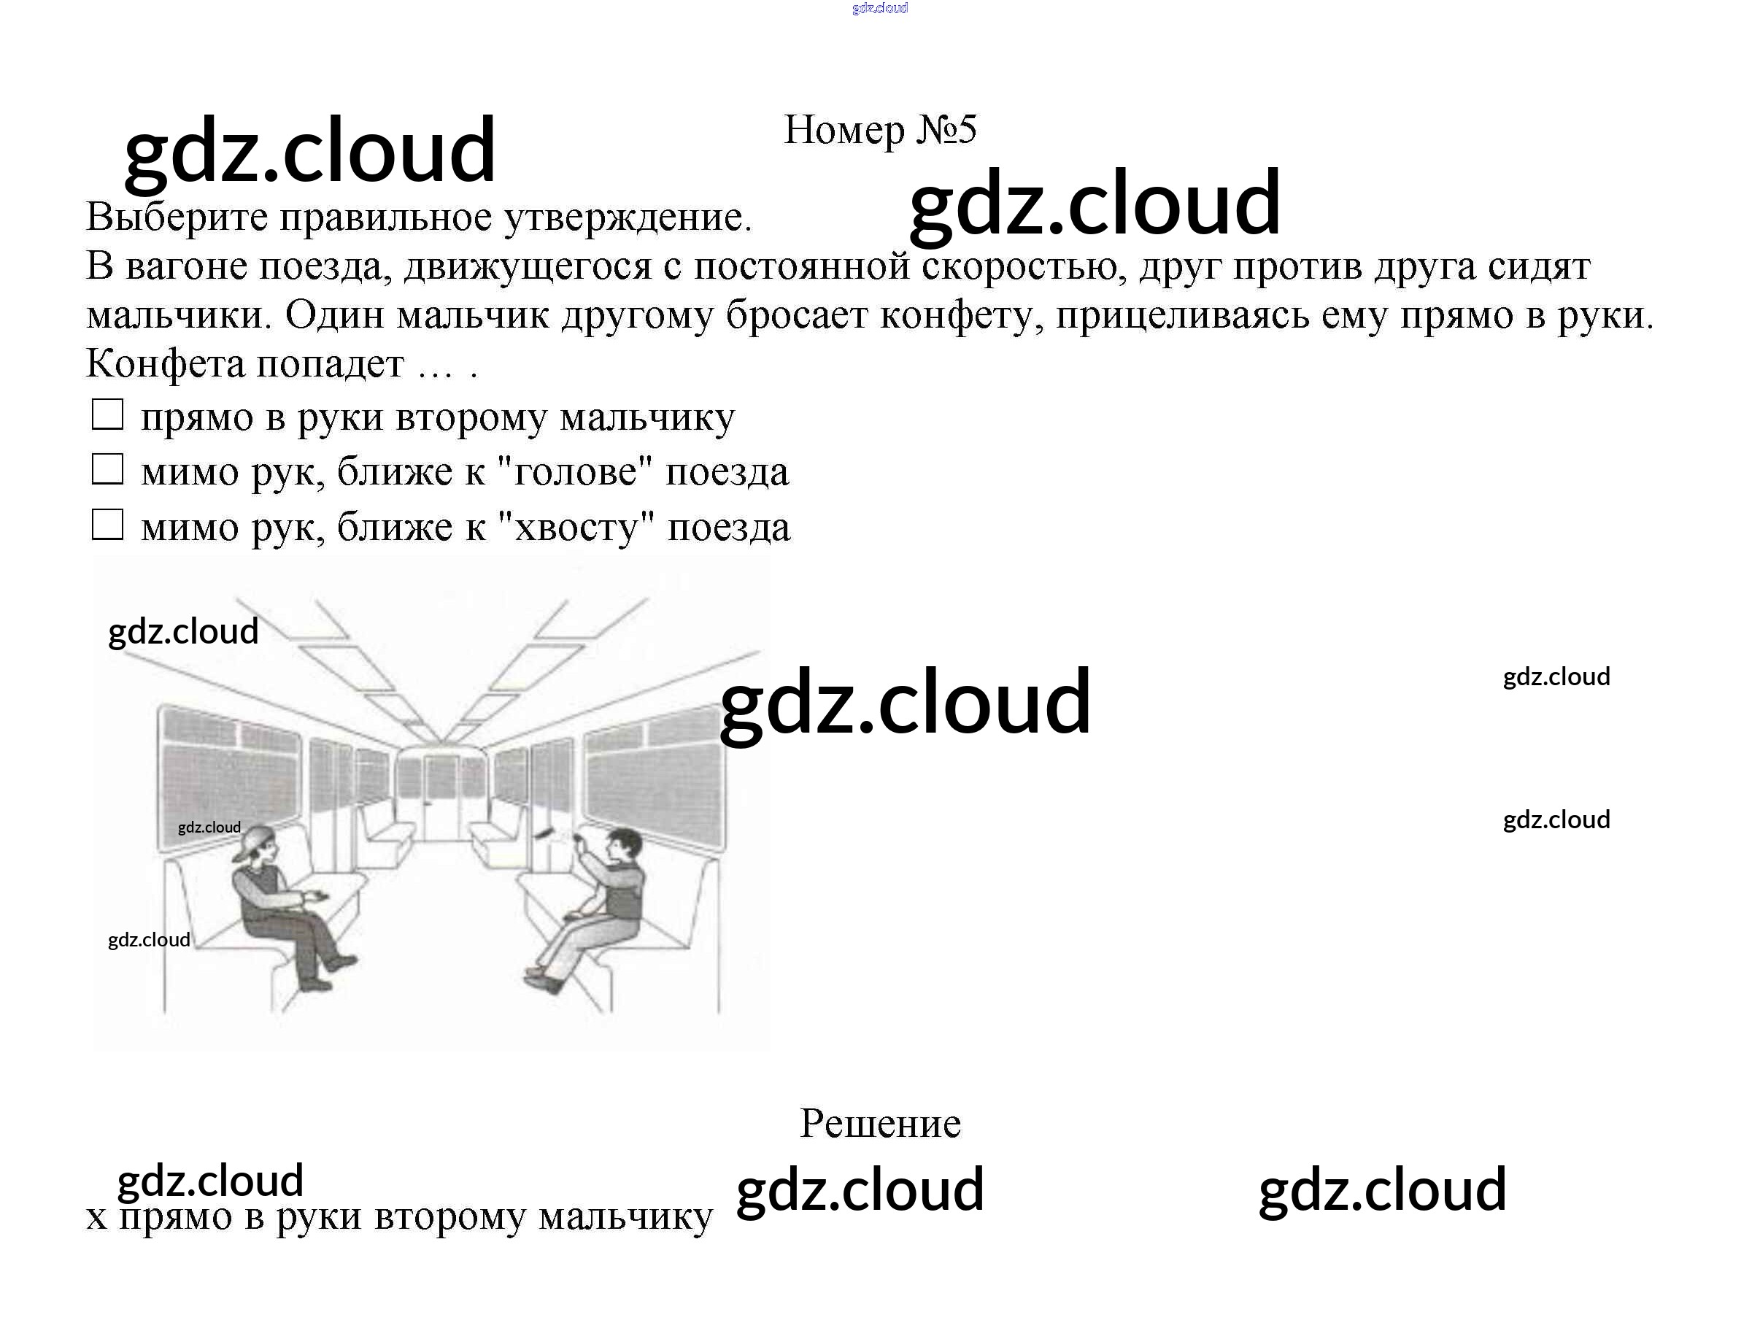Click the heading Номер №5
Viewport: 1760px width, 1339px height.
pos(879,129)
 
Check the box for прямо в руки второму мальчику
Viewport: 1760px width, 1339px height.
pos(107,414)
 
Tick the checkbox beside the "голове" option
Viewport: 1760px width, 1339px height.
pos(107,469)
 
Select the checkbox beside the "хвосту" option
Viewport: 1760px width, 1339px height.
pos(107,525)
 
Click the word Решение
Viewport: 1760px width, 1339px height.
pos(880,1124)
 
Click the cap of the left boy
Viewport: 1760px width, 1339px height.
pos(252,840)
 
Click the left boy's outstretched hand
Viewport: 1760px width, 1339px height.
pos(318,896)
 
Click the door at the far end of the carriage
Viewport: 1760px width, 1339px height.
pos(440,797)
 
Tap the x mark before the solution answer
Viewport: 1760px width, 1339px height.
pos(96,1218)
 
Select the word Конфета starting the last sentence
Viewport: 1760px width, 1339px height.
pos(165,364)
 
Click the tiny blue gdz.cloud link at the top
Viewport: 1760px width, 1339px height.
pos(879,8)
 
